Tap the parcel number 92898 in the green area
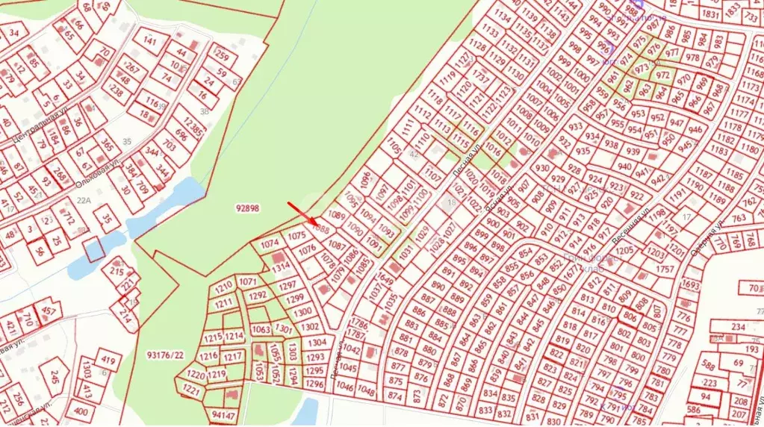246,209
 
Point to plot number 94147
223,414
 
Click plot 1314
281,267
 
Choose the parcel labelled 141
150,40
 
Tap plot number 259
221,55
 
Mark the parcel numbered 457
49,311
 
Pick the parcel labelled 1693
691,286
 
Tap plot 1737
481,78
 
